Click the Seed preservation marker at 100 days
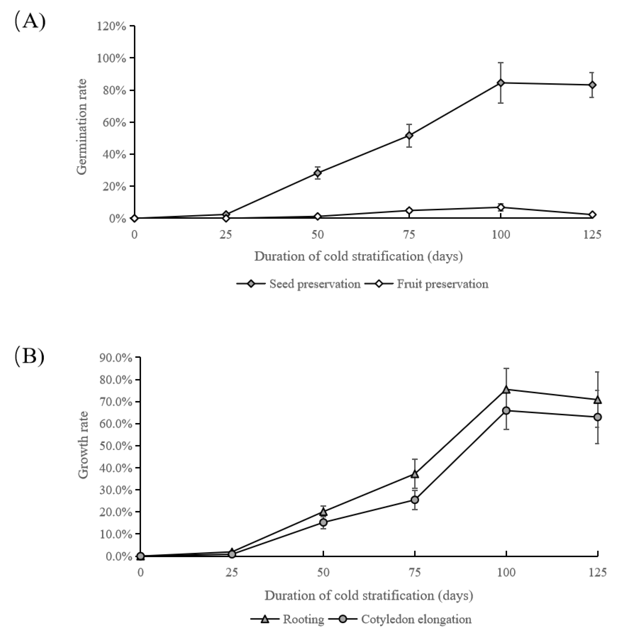pos(501,83)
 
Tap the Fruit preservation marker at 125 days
pos(592,215)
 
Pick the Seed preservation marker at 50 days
pos(318,173)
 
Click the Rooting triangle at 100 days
pos(506,390)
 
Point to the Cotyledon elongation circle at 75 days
pos(415,500)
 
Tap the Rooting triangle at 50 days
pos(323,512)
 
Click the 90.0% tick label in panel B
pos(115,358)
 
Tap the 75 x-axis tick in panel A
pos(409,235)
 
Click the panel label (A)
pos(30,22)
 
